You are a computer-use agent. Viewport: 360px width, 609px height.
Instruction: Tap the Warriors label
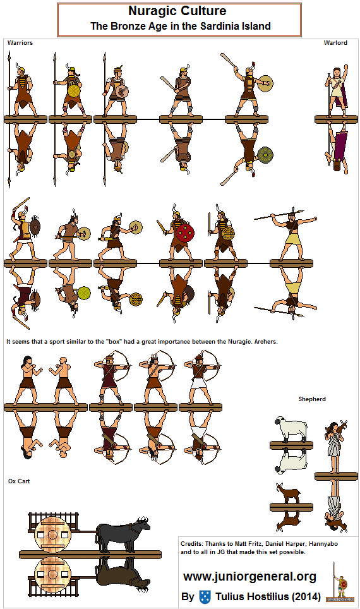pos(20,43)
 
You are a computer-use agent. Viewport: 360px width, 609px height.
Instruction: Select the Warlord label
pos(335,43)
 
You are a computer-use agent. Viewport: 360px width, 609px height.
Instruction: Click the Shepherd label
pos(312,399)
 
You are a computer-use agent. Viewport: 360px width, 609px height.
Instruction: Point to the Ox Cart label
pos(19,481)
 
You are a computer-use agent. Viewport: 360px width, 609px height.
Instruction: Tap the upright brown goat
pos(288,493)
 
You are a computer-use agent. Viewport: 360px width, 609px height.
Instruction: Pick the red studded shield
pos(185,232)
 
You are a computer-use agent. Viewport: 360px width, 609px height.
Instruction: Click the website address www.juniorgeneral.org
pos(249,576)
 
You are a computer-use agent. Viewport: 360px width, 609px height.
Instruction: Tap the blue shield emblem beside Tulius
pos(205,597)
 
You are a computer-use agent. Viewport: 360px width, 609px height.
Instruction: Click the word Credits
pos(193,543)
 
